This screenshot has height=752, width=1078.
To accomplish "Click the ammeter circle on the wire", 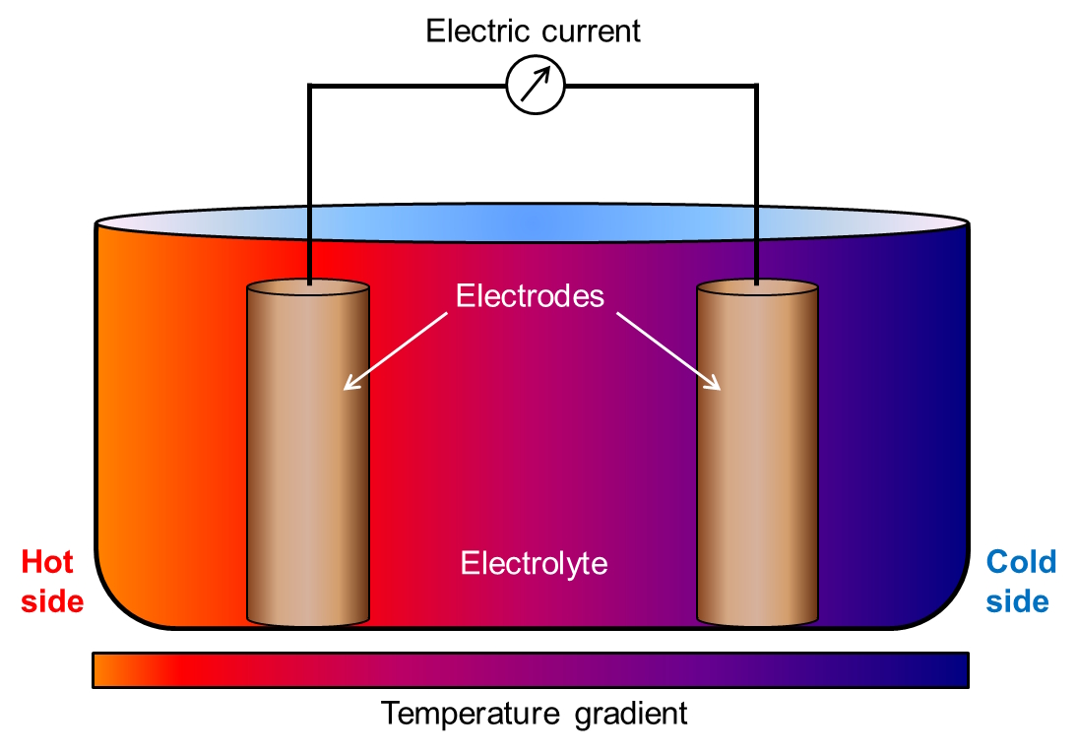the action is pos(536,86).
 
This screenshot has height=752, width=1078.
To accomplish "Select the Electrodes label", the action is pos(530,296).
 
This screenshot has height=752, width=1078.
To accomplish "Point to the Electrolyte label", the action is pos(535,564).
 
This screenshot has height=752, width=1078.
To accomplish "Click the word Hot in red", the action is pos(46,562).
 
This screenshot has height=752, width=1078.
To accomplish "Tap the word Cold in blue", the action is pos(1021,562).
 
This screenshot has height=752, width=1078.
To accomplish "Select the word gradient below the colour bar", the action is pos(631,715).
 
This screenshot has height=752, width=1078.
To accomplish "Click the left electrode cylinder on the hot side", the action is pos(308,453).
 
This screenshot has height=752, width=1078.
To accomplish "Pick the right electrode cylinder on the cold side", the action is pos(758,453).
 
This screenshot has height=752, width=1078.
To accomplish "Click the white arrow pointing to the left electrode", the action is pos(396,351).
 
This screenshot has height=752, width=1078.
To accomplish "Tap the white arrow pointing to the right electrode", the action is pos(668,351).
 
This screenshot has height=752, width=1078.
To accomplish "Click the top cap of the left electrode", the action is pos(308,286).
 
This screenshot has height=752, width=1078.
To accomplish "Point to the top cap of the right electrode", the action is pos(758,286).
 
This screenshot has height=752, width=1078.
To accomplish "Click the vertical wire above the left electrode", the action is pos(309,184).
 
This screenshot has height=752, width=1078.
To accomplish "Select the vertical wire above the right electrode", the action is pos(756,184).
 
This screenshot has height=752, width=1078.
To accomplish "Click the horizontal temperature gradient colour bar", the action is pos(531,670).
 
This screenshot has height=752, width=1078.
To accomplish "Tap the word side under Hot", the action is pos(52,601).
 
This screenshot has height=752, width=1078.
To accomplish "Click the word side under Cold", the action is pos(1018,601).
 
